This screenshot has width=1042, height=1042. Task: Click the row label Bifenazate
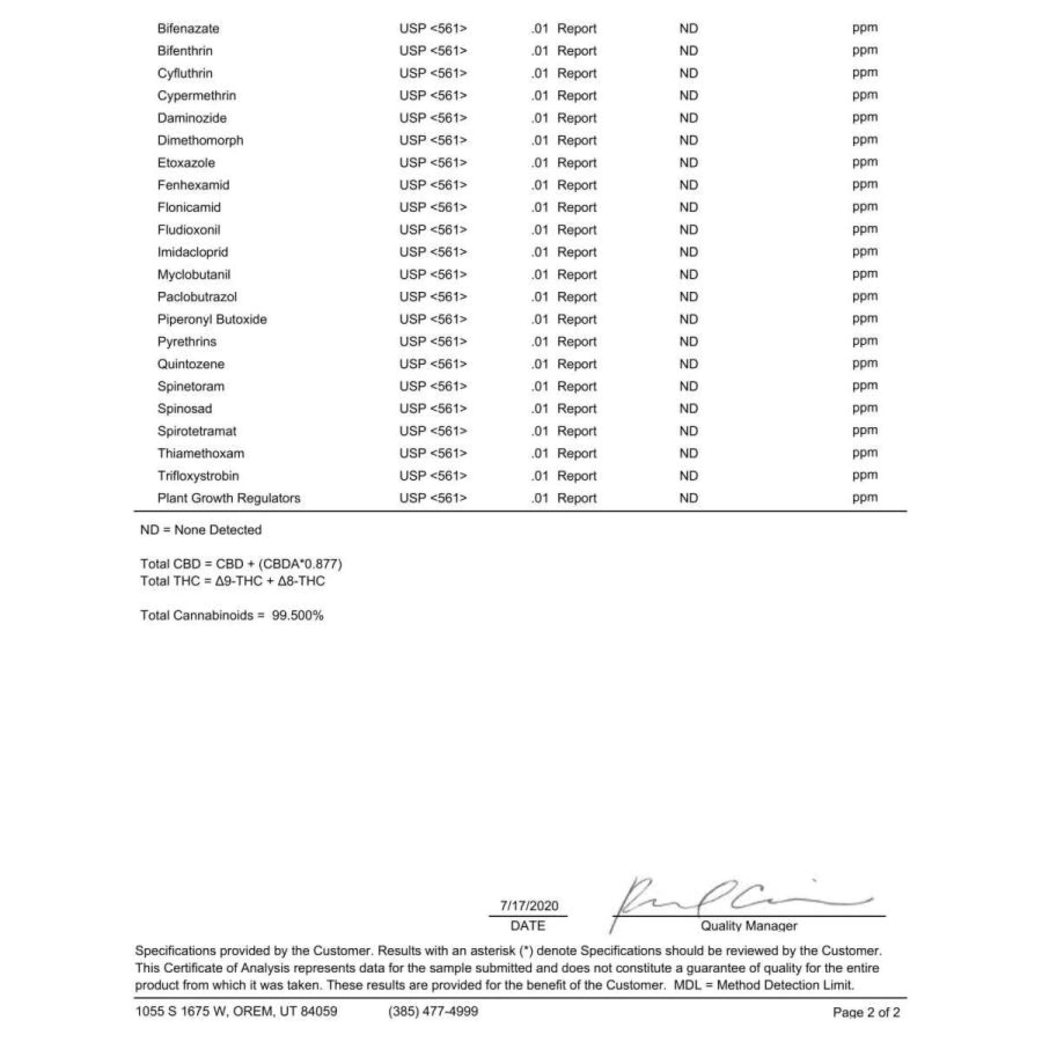click(188, 28)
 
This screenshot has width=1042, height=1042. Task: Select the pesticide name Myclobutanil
click(194, 275)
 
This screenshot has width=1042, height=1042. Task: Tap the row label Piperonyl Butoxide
click(212, 319)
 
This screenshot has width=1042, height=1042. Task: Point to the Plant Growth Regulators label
click(229, 499)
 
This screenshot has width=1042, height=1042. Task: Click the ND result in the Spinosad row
click(688, 409)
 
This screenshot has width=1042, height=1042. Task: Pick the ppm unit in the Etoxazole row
click(865, 162)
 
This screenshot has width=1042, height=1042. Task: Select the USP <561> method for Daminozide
click(433, 118)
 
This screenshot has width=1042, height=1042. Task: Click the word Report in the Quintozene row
click(577, 364)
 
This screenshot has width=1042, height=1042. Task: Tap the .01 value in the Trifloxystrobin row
click(539, 475)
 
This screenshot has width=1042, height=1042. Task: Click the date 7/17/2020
click(528, 905)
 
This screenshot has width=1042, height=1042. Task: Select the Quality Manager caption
click(749, 926)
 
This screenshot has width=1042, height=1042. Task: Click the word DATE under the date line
click(527, 926)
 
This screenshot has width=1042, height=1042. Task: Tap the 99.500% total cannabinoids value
click(297, 615)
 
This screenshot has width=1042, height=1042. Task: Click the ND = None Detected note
click(201, 530)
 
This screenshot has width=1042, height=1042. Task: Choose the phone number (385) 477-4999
click(433, 1011)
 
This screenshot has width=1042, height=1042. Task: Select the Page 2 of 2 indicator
click(866, 1013)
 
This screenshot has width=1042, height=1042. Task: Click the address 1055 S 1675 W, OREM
click(236, 1011)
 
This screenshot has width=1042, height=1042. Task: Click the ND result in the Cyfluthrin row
click(688, 73)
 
